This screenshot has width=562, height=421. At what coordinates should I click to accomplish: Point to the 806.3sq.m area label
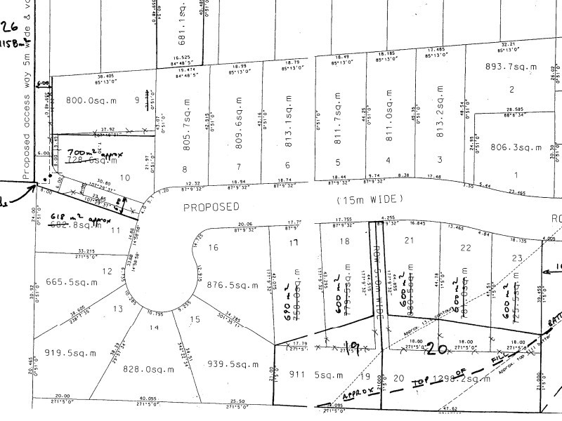(x=512, y=147)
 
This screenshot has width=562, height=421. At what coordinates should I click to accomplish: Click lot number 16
(x=214, y=247)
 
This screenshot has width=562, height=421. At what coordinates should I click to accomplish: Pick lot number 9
(x=137, y=100)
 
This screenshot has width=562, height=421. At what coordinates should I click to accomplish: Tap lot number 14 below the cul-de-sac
(x=154, y=328)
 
